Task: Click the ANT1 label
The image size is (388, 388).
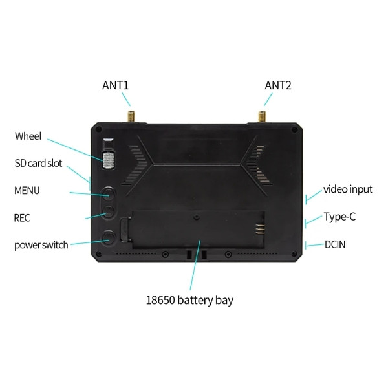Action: [x=116, y=85]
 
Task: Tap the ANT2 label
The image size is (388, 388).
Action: [x=278, y=85]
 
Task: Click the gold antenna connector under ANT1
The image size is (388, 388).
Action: [x=131, y=116]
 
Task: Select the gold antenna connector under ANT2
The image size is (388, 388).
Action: [x=262, y=116]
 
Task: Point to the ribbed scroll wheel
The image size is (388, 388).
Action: [x=108, y=160]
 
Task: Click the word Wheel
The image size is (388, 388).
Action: [x=28, y=136]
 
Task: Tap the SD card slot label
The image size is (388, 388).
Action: [x=38, y=164]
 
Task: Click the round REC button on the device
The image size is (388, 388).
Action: [x=109, y=212]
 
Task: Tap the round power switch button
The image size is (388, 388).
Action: [x=109, y=237]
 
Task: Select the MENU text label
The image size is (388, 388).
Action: [x=27, y=191]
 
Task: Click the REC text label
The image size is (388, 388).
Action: [x=22, y=218]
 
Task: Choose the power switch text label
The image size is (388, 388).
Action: [x=41, y=245]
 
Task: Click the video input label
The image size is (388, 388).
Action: [x=348, y=189]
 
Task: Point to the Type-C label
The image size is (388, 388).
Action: [x=339, y=217]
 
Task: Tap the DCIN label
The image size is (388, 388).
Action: [x=335, y=244]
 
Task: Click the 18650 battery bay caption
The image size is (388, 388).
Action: [x=189, y=301]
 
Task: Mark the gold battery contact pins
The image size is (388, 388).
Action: [x=260, y=229]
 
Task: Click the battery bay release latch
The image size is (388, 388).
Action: [x=125, y=230]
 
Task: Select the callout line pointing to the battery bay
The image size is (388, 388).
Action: [x=195, y=264]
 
